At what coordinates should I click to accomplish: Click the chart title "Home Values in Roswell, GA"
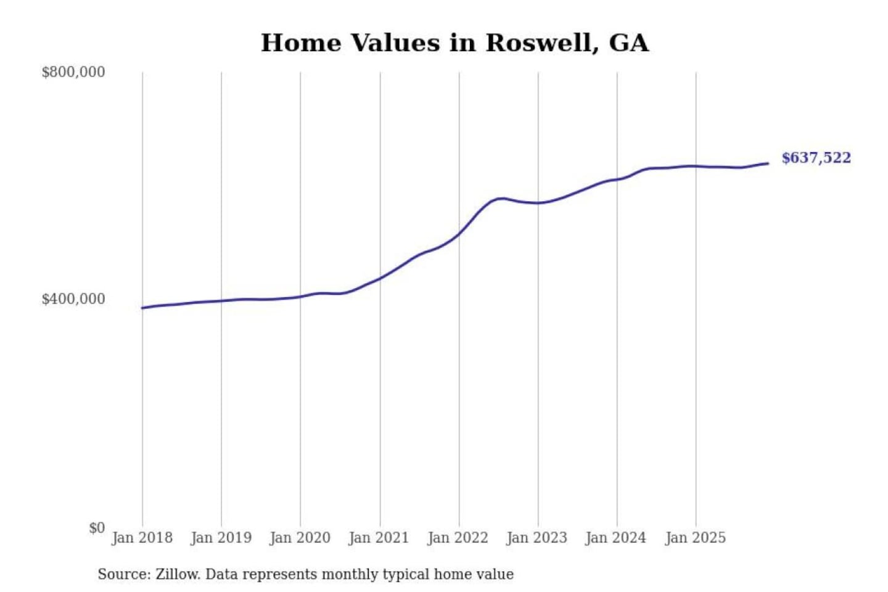point(454,43)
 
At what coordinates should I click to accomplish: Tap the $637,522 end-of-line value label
point(816,158)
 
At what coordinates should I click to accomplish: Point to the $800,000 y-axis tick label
point(73,72)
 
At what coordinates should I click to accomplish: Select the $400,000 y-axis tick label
point(73,299)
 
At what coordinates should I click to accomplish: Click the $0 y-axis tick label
point(97,528)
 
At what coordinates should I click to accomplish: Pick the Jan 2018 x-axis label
point(142,538)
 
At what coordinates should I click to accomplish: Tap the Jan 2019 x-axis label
point(221,538)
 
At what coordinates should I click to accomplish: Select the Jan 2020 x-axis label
point(300,538)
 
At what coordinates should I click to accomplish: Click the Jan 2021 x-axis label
point(379,538)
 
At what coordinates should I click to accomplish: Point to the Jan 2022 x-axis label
point(458,538)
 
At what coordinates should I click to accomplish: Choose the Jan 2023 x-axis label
point(536,538)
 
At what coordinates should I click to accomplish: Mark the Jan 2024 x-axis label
point(615,538)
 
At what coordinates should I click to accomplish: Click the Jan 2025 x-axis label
point(695,538)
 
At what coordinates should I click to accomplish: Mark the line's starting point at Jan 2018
point(142,308)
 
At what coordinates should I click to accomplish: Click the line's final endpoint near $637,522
point(768,163)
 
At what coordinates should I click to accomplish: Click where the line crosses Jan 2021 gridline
point(380,278)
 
